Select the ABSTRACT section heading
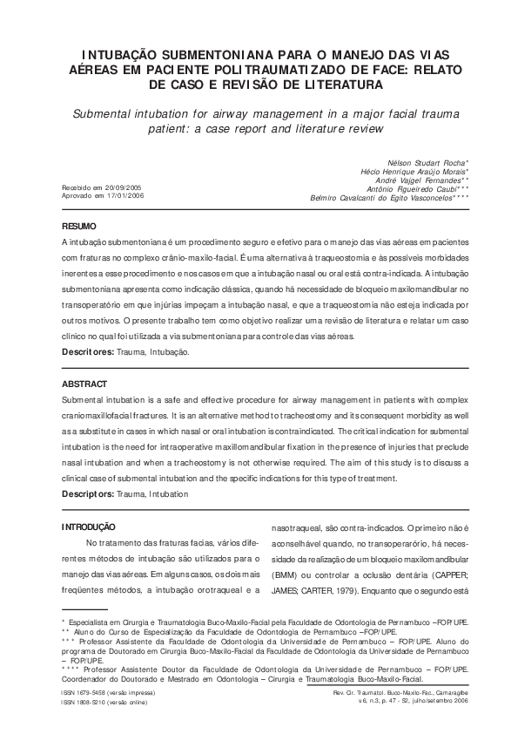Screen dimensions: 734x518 click(x=84, y=384)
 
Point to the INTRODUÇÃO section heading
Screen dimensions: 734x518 click(x=88, y=527)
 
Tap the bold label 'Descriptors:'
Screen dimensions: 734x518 click(x=88, y=494)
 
